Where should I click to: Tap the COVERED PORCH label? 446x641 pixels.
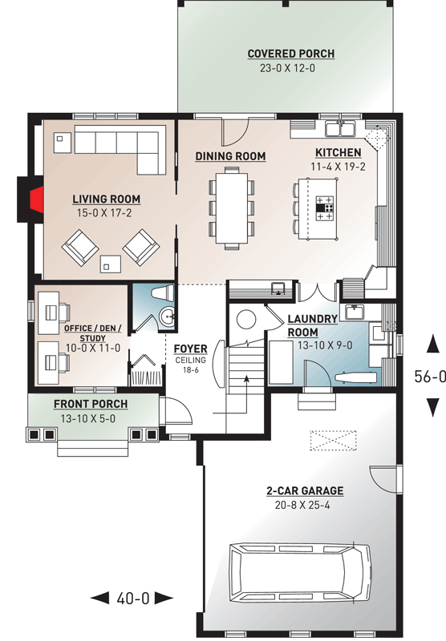point(290,54)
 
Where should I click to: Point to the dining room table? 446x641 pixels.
point(231,207)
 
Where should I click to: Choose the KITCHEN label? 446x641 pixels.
point(338,152)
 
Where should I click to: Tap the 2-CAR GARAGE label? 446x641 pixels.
point(306,490)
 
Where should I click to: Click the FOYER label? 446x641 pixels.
point(191,349)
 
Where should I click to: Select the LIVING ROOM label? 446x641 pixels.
point(106,199)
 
